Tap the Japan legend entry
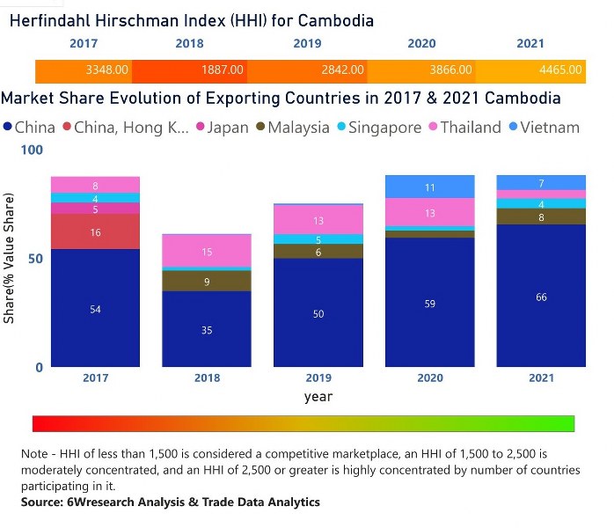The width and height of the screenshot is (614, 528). pyautogui.click(x=221, y=128)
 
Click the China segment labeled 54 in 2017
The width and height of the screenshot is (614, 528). pyautogui.click(x=95, y=308)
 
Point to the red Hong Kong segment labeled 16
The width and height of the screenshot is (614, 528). pyautogui.click(x=95, y=231)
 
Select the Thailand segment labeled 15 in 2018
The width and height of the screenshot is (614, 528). pyautogui.click(x=207, y=252)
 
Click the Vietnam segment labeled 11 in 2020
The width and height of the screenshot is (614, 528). pyautogui.click(x=430, y=187)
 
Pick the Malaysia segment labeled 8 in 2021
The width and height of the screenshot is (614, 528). pyautogui.click(x=541, y=216)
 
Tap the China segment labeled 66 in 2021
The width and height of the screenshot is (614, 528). pyautogui.click(x=541, y=297)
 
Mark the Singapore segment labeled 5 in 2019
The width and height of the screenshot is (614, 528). pyautogui.click(x=318, y=238)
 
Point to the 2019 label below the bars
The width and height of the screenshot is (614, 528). pyautogui.click(x=318, y=378)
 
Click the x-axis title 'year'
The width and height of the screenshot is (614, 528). pyautogui.click(x=318, y=397)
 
